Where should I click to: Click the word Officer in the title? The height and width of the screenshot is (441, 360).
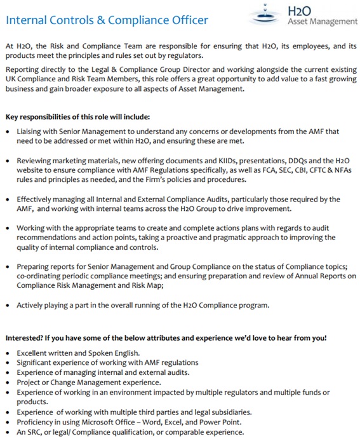click(x=184, y=20)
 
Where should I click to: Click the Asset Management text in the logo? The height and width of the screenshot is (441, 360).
click(x=323, y=22)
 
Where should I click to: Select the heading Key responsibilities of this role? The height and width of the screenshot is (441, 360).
click(x=78, y=118)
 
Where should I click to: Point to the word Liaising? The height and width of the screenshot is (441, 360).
click(x=32, y=131)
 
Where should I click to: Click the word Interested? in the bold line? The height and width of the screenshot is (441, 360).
click(x=27, y=337)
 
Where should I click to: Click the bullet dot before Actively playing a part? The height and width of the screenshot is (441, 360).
click(x=8, y=306)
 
